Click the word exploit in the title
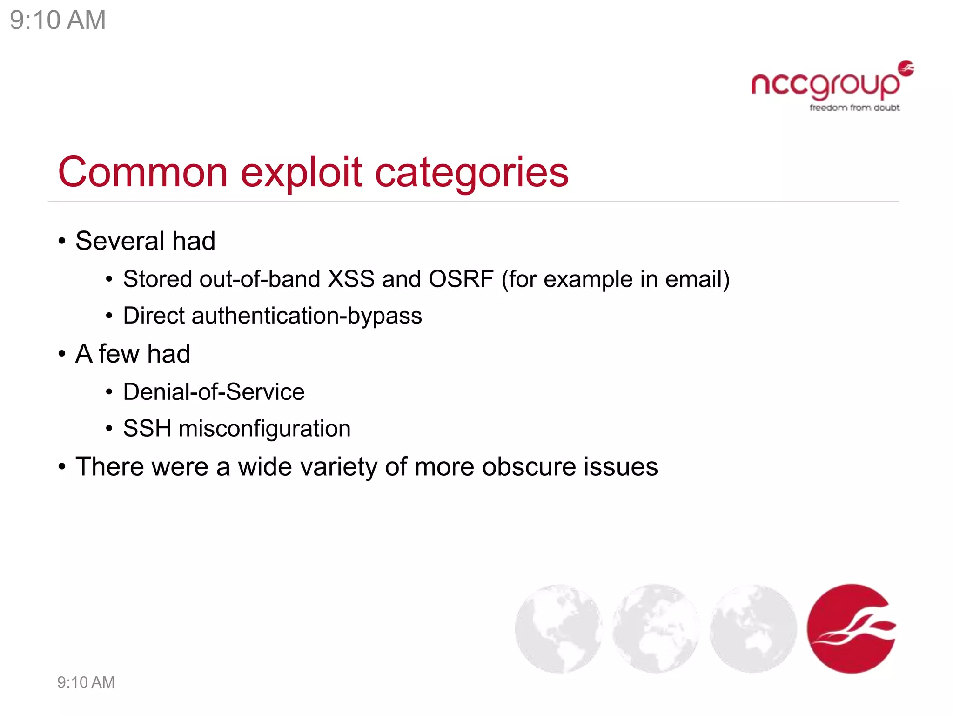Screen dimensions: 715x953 [x=301, y=172]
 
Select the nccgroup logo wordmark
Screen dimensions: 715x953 [x=825, y=85]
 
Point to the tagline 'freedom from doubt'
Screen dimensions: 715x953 [x=854, y=108]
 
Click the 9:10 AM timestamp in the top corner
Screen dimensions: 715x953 [x=58, y=20]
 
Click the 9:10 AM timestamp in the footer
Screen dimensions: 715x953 [x=86, y=682]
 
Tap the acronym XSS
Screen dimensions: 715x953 [x=351, y=279]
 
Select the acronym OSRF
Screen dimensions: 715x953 [x=461, y=279]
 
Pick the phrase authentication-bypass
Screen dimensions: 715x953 [x=307, y=316]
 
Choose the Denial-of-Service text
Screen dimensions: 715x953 [x=214, y=391]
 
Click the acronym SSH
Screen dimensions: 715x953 [x=147, y=428]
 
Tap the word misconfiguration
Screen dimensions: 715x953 [x=264, y=429]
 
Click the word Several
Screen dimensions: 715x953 [x=120, y=241]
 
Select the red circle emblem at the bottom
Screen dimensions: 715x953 [x=851, y=628]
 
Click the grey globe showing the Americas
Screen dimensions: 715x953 [x=558, y=628]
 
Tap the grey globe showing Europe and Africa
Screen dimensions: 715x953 [x=656, y=628]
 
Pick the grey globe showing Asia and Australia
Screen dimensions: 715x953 [x=753, y=628]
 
